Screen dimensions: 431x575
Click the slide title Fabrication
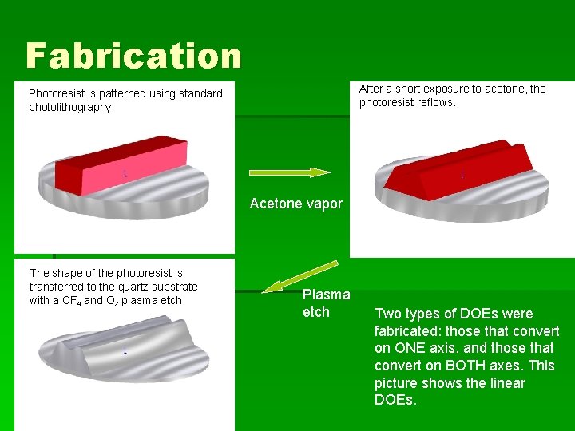(x=133, y=56)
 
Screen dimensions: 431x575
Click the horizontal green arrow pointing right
(x=289, y=172)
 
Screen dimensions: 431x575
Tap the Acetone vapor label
(x=295, y=204)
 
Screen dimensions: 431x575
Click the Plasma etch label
(x=326, y=303)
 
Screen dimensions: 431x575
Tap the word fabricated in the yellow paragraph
(x=407, y=331)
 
